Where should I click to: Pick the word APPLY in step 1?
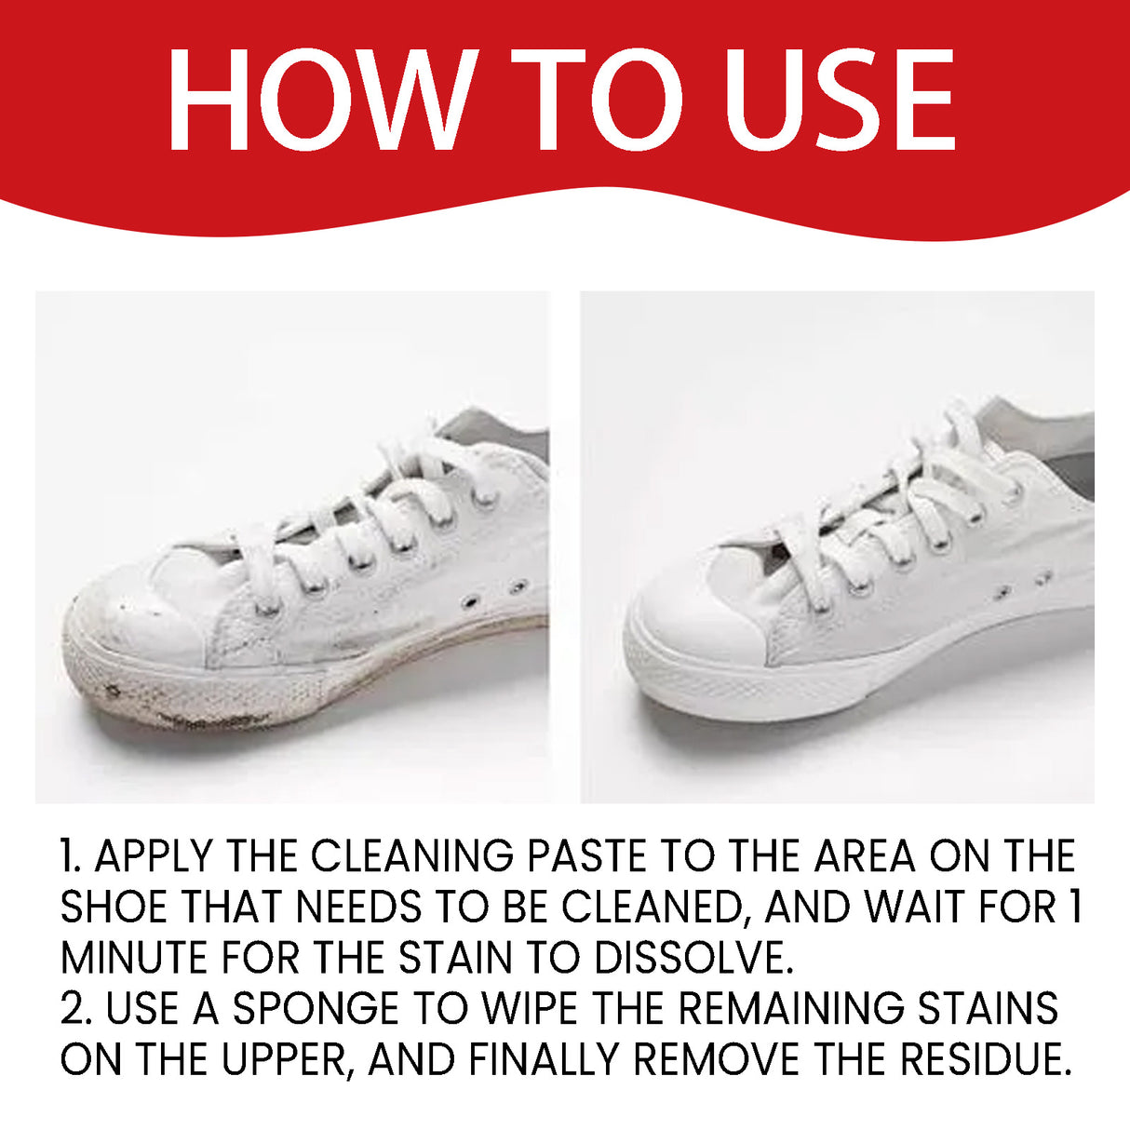[154, 856]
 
